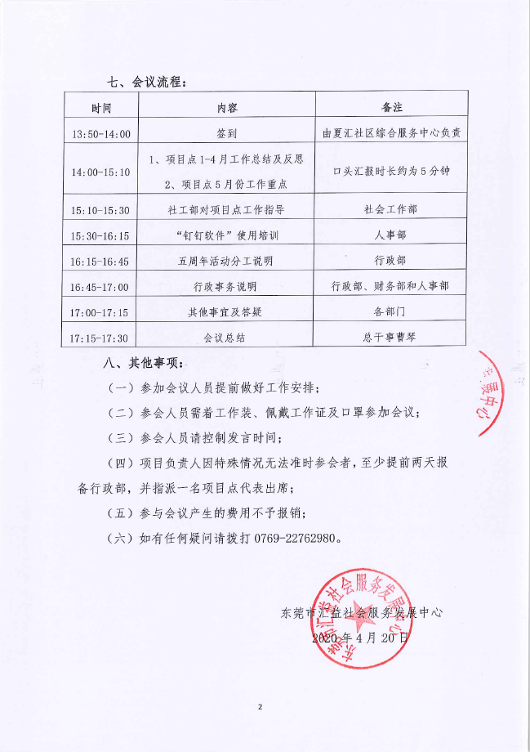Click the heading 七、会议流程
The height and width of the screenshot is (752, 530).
coord(148,82)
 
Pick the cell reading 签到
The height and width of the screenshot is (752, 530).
coord(227,133)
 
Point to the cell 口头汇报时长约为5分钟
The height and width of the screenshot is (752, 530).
coord(392,172)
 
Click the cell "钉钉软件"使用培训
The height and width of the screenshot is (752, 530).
coord(227,235)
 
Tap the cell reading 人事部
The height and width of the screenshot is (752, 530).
coord(391,235)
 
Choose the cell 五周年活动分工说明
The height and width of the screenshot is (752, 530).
coord(227,261)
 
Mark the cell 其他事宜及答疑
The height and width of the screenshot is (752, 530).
coord(227,311)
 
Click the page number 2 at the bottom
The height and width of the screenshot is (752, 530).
coord(261,706)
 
